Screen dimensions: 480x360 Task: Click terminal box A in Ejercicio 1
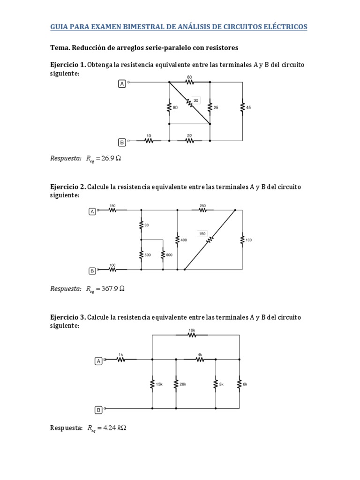[x=122, y=83]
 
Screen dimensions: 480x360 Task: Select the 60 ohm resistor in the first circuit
[x=189, y=82]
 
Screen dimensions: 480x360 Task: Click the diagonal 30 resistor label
[x=196, y=100]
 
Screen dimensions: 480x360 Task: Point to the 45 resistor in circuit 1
[x=242, y=107]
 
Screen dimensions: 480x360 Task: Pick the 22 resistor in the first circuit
[x=189, y=140]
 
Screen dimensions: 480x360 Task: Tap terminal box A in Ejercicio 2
[x=92, y=212]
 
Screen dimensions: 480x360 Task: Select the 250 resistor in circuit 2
[x=202, y=210]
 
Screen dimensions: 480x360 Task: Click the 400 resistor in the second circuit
[x=177, y=240]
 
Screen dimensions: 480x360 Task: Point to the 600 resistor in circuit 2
[x=163, y=255]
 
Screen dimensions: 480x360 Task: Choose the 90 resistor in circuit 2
[x=141, y=225]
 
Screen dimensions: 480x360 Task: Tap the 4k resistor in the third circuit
[x=200, y=360]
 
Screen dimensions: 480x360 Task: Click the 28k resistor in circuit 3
[x=176, y=384]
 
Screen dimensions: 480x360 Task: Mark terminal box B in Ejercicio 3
[x=98, y=410]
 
